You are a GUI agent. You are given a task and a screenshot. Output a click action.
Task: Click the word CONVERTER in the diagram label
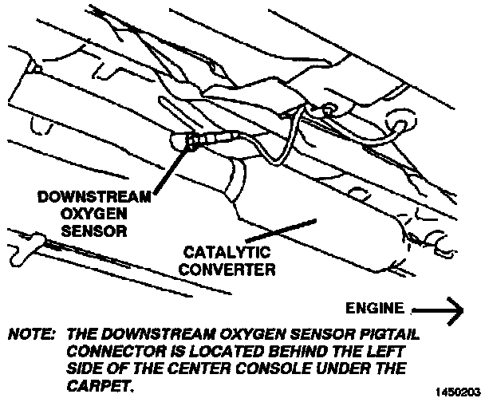coord(227,270)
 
